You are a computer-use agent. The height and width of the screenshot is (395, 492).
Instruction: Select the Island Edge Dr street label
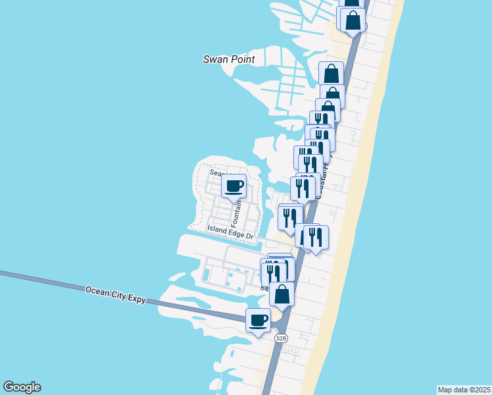(x=230, y=232)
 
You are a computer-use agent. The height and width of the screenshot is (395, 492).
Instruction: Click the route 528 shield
(x=281, y=338)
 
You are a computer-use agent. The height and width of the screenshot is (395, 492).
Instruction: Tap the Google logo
(x=22, y=387)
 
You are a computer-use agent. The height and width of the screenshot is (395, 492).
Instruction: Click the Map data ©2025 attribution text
(x=463, y=390)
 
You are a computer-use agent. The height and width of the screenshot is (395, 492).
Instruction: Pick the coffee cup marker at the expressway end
(x=258, y=321)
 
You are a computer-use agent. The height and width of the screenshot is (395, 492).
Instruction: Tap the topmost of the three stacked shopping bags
(x=331, y=74)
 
